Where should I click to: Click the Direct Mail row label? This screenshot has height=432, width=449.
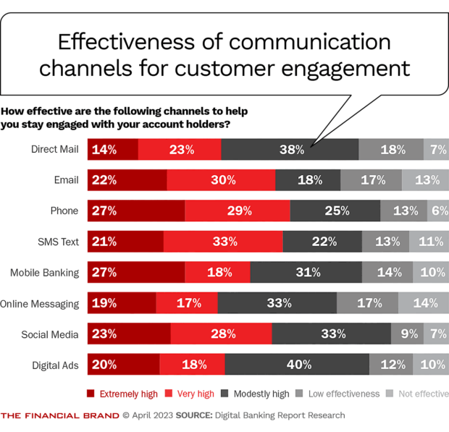click(54, 150)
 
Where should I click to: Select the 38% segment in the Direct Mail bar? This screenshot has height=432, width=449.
click(290, 150)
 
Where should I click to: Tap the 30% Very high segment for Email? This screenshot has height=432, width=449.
click(221, 180)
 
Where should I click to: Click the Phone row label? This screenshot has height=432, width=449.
click(64, 211)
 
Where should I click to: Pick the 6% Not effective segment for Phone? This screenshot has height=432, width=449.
click(436, 211)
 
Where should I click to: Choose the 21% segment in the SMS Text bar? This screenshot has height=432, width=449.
click(125, 242)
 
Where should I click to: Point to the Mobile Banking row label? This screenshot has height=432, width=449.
click(44, 273)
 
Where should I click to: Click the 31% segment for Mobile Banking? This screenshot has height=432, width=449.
click(306, 273)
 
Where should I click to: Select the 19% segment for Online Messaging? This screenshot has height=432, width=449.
click(122, 303)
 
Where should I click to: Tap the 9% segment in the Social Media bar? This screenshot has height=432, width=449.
click(403, 334)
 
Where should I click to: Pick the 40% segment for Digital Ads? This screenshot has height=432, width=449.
click(297, 364)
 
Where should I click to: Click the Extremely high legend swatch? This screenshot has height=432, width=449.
click(91, 394)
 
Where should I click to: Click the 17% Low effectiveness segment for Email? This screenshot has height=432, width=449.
click(371, 180)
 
